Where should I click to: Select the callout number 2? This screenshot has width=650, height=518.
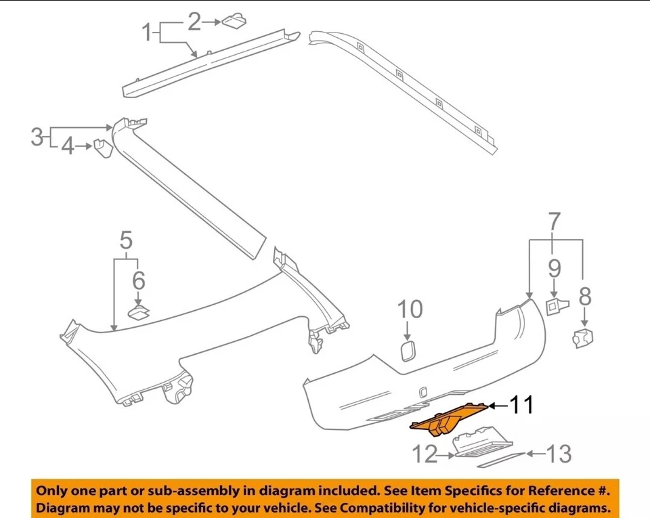[194, 22]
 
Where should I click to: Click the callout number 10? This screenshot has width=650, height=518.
[409, 309]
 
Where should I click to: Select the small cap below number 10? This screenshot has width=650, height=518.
[408, 351]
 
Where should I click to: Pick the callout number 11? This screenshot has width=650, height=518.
[521, 406]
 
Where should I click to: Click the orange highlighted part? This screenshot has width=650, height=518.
[447, 420]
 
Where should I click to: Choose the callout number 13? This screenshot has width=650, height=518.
[559, 454]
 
